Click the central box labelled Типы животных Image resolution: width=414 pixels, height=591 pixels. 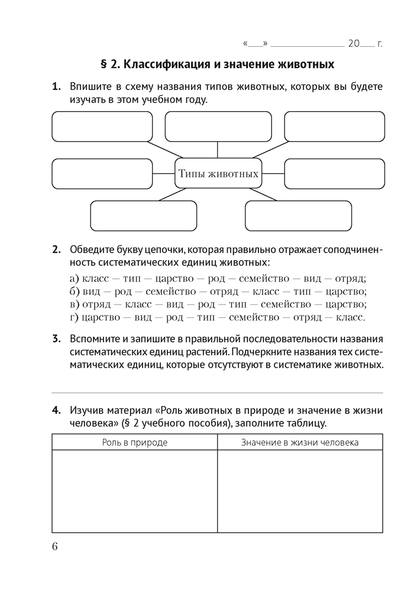[x=218, y=173]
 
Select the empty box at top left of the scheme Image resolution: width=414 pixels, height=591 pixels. [x=102, y=126]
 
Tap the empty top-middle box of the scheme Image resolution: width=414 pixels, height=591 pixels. [x=218, y=126]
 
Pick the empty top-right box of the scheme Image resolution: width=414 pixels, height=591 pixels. [x=334, y=126]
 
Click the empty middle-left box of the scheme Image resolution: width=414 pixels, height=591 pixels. [x=102, y=173]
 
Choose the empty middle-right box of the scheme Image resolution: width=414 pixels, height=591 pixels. [x=334, y=173]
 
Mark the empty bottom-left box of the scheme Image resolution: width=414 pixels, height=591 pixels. [x=144, y=216]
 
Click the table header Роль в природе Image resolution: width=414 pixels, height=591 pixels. [x=134, y=442]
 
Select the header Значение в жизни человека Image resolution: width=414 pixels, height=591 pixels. [x=300, y=442]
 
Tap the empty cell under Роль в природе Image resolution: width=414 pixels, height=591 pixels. [x=134, y=491]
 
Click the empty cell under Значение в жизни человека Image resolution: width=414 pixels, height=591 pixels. [x=300, y=491]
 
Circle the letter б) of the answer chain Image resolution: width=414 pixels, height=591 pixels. [x=74, y=291]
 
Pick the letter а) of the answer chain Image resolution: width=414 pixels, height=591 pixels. [x=74, y=278]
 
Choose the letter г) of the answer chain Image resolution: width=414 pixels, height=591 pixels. [x=73, y=317]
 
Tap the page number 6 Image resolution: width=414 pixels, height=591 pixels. [x=54, y=546]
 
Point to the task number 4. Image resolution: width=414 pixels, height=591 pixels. [x=57, y=409]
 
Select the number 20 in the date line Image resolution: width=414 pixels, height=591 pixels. [x=354, y=43]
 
